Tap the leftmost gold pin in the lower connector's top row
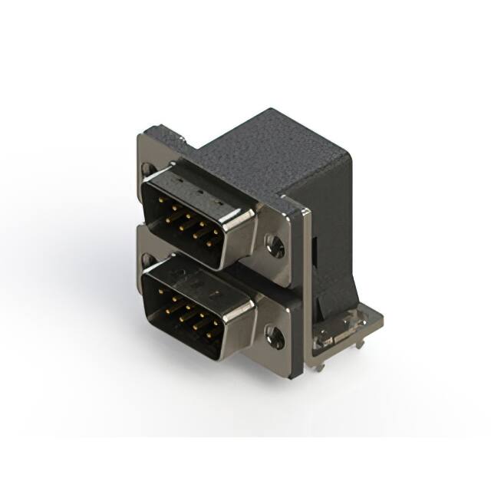pos(163,294)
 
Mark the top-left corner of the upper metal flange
pos(140,138)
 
